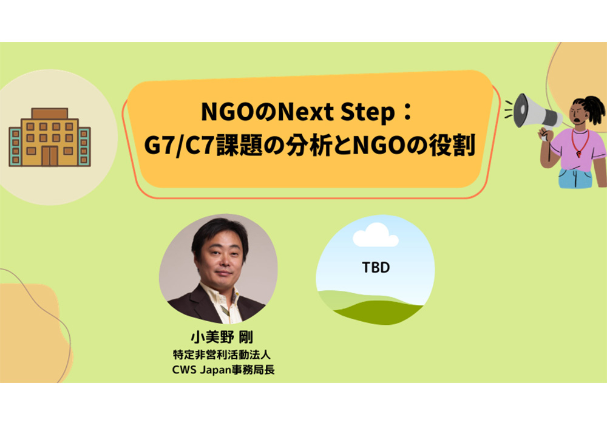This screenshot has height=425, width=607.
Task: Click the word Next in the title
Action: [306, 112]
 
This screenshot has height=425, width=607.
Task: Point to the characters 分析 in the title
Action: [308, 146]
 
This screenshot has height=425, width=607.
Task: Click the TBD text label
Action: [376, 268]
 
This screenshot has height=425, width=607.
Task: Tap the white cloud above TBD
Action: [376, 235]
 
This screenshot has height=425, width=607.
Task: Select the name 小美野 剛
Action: [222, 337]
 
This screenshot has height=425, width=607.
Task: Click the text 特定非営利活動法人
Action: [222, 355]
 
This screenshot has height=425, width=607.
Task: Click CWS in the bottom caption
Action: [185, 370]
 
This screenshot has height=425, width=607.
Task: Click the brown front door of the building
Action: [50, 156]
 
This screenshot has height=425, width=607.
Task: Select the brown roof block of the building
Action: [50, 114]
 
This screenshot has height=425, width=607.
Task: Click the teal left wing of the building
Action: [15, 147]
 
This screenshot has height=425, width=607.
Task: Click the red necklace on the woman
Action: [581, 143]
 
